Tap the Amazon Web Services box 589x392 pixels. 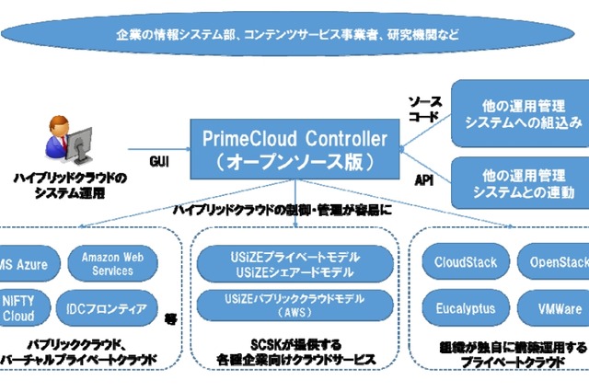(113, 263)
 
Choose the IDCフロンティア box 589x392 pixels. (113, 307)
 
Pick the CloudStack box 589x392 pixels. (465, 262)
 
